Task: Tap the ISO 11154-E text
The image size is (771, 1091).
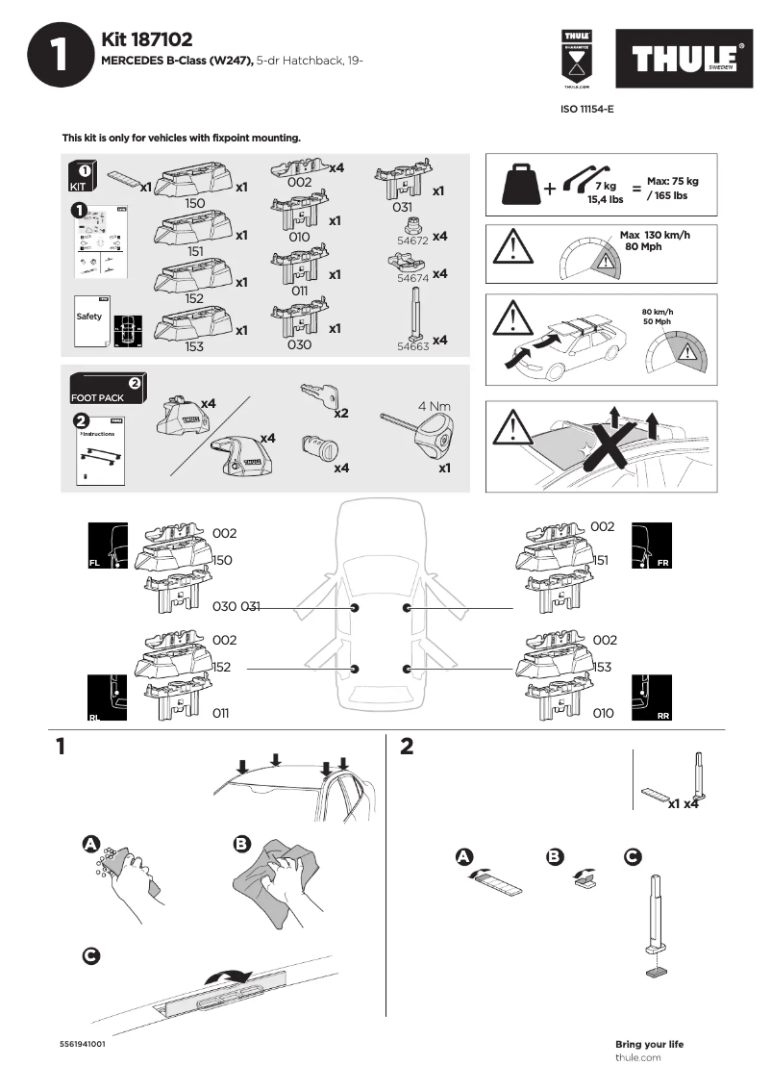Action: (586, 110)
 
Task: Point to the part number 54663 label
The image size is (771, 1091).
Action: (412, 345)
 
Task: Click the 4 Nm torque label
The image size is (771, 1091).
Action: (435, 406)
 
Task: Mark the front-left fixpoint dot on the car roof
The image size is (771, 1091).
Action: (356, 609)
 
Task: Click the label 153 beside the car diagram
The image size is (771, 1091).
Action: (604, 667)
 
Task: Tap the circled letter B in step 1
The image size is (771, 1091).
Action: (242, 844)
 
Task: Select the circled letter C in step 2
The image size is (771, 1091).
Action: (632, 855)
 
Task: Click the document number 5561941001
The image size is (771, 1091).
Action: (82, 1044)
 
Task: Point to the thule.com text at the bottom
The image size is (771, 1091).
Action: (637, 1057)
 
